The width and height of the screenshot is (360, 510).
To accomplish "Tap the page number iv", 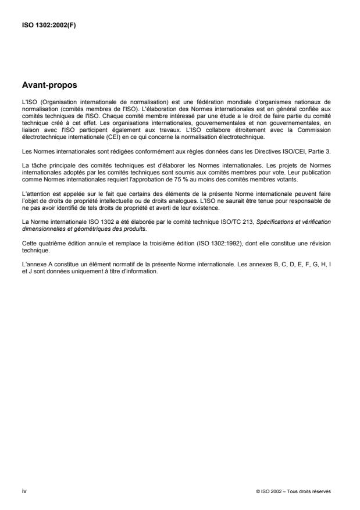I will (24, 491).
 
